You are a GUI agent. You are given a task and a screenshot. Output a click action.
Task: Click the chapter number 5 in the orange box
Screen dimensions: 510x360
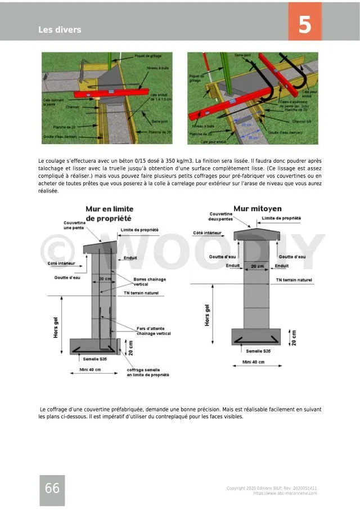[305, 25]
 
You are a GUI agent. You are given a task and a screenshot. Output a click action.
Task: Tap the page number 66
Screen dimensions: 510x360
[52, 489]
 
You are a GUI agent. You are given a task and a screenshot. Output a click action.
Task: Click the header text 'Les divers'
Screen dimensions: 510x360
[60, 30]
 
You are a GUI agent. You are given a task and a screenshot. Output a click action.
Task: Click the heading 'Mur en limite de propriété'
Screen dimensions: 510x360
[109, 213]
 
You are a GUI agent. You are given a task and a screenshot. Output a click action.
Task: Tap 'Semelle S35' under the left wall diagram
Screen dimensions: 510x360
[95, 359]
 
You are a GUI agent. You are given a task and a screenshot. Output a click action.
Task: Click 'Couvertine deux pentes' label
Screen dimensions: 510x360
[221, 216]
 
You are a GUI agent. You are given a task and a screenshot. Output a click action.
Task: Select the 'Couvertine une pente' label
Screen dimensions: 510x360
[74, 225]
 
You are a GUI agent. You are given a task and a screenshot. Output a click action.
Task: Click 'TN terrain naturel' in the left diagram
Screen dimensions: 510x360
[141, 293]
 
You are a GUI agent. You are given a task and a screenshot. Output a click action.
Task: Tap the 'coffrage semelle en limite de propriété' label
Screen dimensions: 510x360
[147, 372]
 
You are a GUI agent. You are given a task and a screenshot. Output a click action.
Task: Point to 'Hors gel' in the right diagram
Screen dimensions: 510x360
[207, 315]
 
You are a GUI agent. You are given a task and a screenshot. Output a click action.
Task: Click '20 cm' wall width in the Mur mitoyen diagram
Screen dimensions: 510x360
[258, 266]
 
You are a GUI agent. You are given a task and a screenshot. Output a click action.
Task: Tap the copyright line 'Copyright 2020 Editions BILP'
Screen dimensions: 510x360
[272, 488]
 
